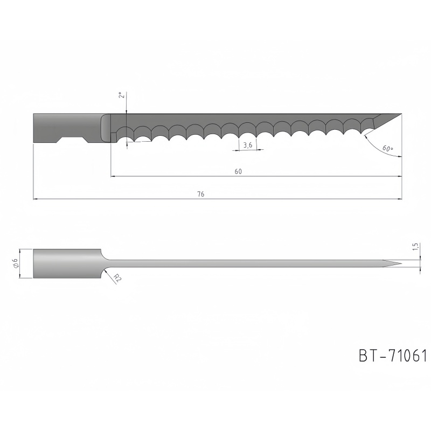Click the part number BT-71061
(393, 356)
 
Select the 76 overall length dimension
(201, 194)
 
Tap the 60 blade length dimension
(238, 171)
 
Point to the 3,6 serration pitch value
(248, 145)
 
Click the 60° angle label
(387, 149)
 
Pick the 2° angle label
(122, 95)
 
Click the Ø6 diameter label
(16, 263)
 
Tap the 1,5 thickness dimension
(415, 247)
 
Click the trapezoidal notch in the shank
(73, 140)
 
